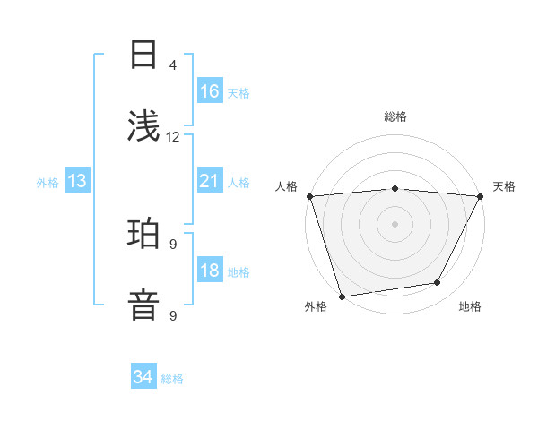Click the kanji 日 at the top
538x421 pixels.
point(143,54)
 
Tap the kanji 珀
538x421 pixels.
point(143,235)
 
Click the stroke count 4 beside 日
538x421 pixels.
point(173,64)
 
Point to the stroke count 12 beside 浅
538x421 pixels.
point(173,137)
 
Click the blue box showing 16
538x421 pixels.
point(210,91)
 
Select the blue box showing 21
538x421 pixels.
point(210,181)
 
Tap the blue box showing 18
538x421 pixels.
point(210,271)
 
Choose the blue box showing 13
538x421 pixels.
point(77,181)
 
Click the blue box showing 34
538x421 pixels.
point(143,377)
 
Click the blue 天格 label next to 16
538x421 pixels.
point(239,92)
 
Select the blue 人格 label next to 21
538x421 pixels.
point(239,182)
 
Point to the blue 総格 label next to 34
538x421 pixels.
point(172,378)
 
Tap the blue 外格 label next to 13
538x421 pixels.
point(48,182)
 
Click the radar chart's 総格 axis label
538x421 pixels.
point(395,116)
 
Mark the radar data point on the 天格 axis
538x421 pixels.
point(480,196)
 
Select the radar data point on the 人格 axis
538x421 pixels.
point(309,196)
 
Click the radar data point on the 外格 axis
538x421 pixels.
point(342,296)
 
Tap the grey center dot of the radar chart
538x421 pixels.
point(395,223)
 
